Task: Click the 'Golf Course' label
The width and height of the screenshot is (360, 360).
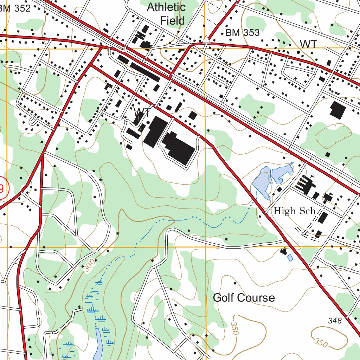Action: pyautogui.click(x=244, y=298)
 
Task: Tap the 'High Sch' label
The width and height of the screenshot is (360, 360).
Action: pyautogui.click(x=294, y=211)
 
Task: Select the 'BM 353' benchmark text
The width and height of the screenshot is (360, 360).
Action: pyautogui.click(x=243, y=33)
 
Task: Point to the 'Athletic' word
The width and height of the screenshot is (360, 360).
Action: pyautogui.click(x=166, y=7)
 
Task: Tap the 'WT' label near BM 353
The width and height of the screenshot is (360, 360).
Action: pyautogui.click(x=308, y=44)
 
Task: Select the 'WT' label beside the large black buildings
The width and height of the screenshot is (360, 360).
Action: pyautogui.click(x=142, y=113)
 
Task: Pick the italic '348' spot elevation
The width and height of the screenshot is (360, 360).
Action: pyautogui.click(x=334, y=320)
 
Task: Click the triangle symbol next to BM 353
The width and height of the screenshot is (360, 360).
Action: pyautogui.click(x=206, y=40)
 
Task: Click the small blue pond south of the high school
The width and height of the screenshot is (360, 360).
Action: pyautogui.click(x=290, y=258)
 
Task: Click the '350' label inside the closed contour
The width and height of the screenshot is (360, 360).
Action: pyautogui.click(x=321, y=342)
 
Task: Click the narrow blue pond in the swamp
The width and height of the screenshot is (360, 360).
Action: pyautogui.click(x=98, y=346)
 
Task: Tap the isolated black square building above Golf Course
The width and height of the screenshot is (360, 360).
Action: pyautogui.click(x=234, y=283)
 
